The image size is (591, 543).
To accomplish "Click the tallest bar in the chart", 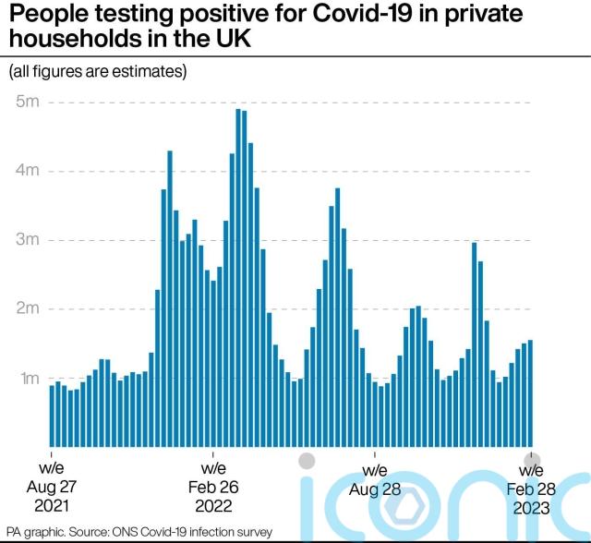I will (x=238, y=277).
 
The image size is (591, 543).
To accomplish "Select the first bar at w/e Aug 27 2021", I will (x=52, y=416).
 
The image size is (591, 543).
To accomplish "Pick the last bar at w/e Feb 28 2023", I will (x=530, y=393).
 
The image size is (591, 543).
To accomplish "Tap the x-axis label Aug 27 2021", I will (x=52, y=487).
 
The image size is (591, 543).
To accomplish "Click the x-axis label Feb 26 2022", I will (x=213, y=487).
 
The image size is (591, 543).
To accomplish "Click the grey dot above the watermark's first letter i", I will (x=308, y=460).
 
